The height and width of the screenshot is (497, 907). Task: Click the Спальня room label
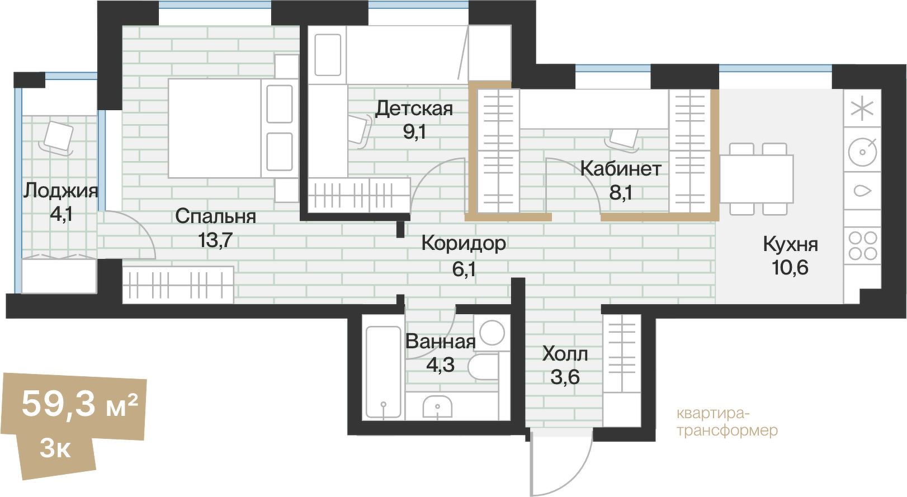pos(215,216)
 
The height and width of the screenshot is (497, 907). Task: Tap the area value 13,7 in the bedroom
pos(215,240)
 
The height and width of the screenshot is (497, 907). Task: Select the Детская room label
pos(414,108)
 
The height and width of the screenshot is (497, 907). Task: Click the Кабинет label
pos(621,168)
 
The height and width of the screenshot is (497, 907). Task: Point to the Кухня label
pos(790,244)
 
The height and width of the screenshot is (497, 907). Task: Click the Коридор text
pos(464,243)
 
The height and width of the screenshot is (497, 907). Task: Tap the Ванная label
pos(441,341)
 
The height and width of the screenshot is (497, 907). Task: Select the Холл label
pos(565,354)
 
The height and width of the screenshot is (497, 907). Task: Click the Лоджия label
pos(60,191)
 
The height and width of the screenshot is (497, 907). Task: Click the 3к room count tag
pos(55,448)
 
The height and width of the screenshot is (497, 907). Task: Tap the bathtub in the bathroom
pos(383,372)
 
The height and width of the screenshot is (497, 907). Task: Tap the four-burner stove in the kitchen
pos(862,246)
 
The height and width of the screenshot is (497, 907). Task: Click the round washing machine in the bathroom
pos(492,333)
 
